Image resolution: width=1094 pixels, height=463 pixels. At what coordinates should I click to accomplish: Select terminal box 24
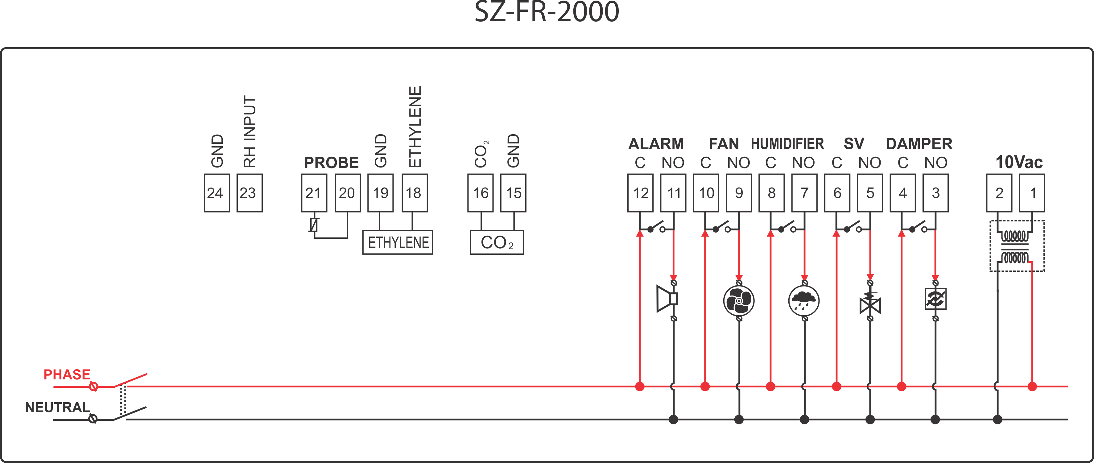pyautogui.click(x=216, y=193)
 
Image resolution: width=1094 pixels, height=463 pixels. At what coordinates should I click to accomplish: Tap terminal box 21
pyautogui.click(x=314, y=193)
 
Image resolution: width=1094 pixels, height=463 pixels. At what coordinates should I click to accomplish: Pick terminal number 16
pyautogui.click(x=480, y=193)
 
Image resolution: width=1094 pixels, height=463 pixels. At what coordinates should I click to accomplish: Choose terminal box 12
pyautogui.click(x=640, y=193)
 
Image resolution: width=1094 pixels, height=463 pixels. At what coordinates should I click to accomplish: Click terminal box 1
pyautogui.click(x=1032, y=193)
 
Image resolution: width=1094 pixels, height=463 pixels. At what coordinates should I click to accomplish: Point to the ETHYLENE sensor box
pyautogui.click(x=398, y=242)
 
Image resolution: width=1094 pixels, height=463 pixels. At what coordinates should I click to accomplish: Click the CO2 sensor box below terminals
pyautogui.click(x=497, y=242)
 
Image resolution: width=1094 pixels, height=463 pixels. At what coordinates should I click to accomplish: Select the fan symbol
pyautogui.click(x=739, y=301)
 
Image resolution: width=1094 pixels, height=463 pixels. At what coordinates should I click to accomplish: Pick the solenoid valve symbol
pyautogui.click(x=870, y=302)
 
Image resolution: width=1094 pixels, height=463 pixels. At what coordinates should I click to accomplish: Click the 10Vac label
pyautogui.click(x=1019, y=162)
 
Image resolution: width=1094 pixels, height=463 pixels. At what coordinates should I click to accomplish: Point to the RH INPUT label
pyautogui.click(x=250, y=132)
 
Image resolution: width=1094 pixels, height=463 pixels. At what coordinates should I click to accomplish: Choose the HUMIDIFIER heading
pyautogui.click(x=787, y=144)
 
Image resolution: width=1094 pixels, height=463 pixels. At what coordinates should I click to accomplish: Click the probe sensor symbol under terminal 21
pyautogui.click(x=314, y=225)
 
